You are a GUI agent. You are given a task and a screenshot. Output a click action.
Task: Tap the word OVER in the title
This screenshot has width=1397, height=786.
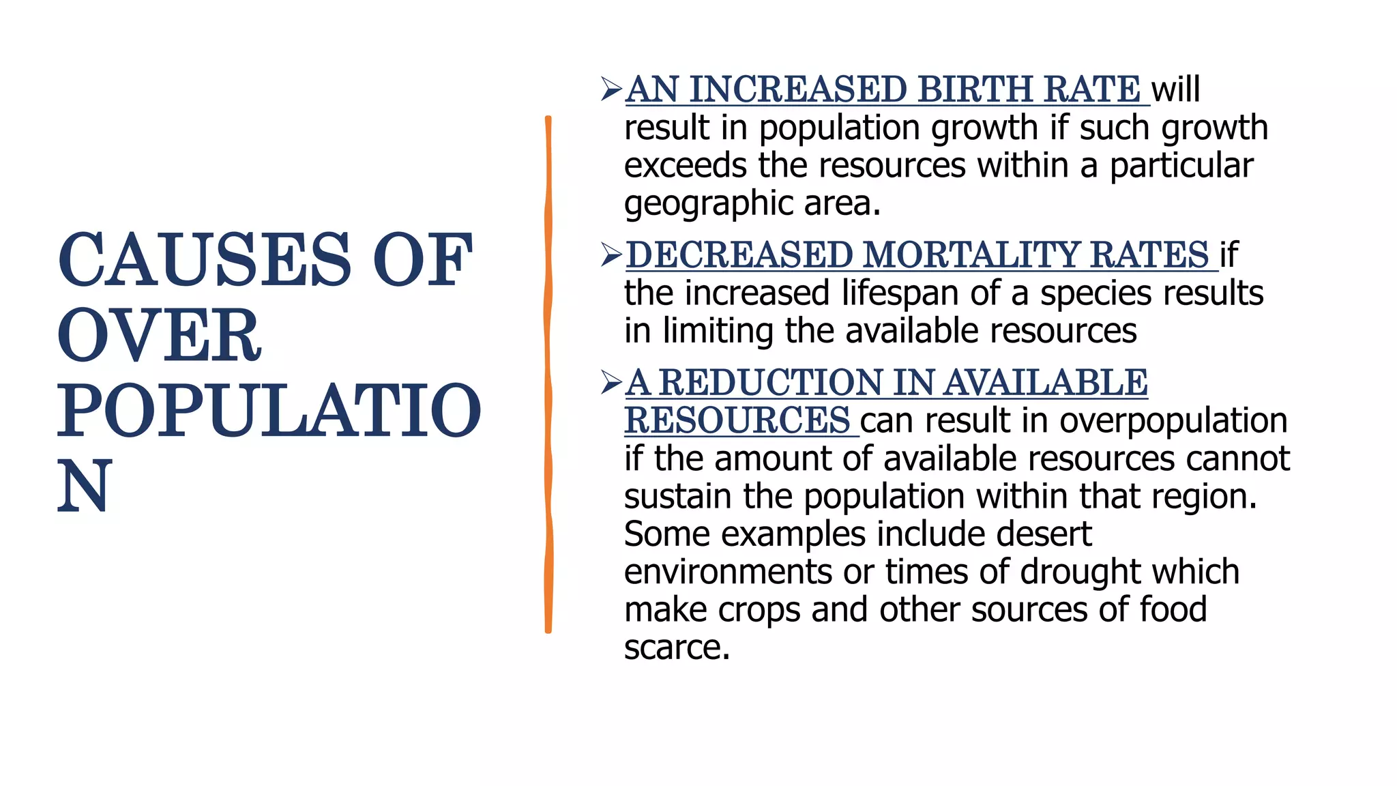[159, 336]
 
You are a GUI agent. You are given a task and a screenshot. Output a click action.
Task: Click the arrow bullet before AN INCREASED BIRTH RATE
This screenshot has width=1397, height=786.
[611, 89]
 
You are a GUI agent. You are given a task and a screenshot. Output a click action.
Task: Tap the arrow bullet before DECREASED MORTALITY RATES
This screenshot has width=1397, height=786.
[611, 255]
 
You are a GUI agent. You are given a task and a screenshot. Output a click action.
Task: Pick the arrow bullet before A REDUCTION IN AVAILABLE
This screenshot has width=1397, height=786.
[611, 382]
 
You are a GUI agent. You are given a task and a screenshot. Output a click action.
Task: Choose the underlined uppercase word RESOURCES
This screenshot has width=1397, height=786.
[737, 420]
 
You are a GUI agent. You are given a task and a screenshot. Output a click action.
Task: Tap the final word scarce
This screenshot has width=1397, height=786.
[676, 647]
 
